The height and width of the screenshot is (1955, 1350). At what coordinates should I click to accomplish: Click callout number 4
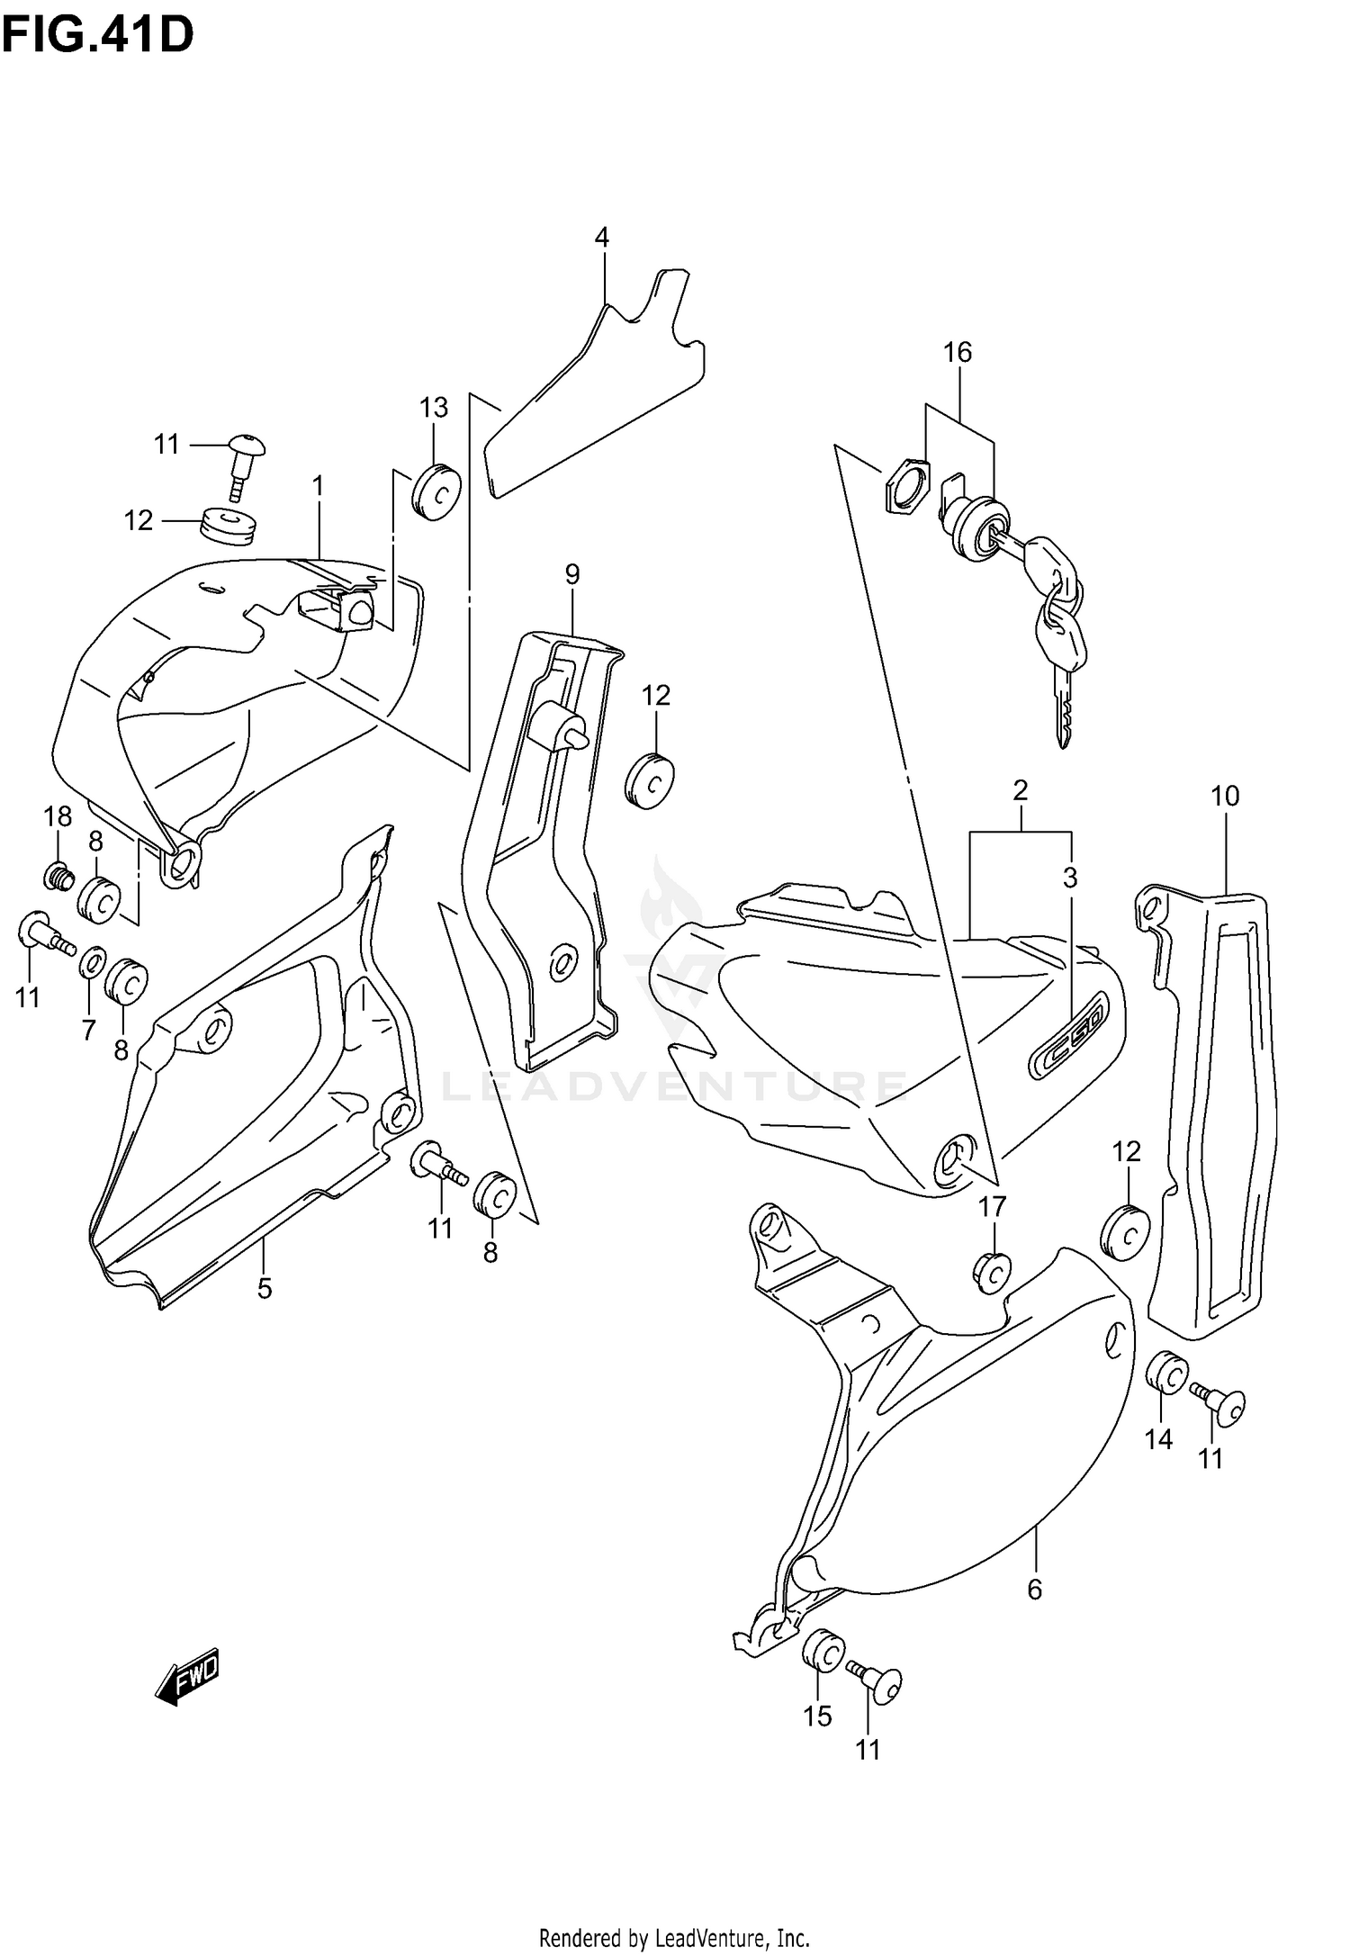pos(601,238)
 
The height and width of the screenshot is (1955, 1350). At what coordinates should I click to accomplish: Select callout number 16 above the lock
pos(958,352)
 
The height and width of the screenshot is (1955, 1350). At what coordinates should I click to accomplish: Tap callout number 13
pos(434,408)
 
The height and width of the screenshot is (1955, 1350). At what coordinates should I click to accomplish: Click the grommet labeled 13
pos(436,491)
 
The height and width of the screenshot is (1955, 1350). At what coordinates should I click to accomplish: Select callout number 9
pos(572,573)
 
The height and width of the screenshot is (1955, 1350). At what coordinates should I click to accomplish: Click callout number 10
pos(1225,796)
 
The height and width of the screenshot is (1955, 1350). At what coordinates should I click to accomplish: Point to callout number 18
pos(58,816)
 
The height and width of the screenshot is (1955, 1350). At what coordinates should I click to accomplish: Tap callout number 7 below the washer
pos(88,1030)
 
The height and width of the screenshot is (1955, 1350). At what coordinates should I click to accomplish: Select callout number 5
pos(264,1288)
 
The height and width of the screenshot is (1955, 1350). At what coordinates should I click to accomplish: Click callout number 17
pos(992,1206)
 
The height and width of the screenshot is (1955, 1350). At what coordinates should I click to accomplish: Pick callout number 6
pos(1034,1590)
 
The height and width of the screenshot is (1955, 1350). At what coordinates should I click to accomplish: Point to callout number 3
pos(1070,877)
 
